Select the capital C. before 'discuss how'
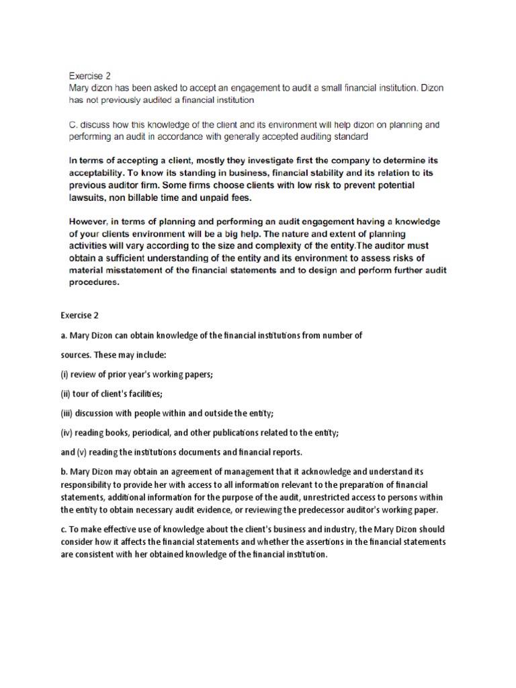(x=73, y=125)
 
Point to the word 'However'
(x=91, y=222)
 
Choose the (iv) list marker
(x=67, y=433)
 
